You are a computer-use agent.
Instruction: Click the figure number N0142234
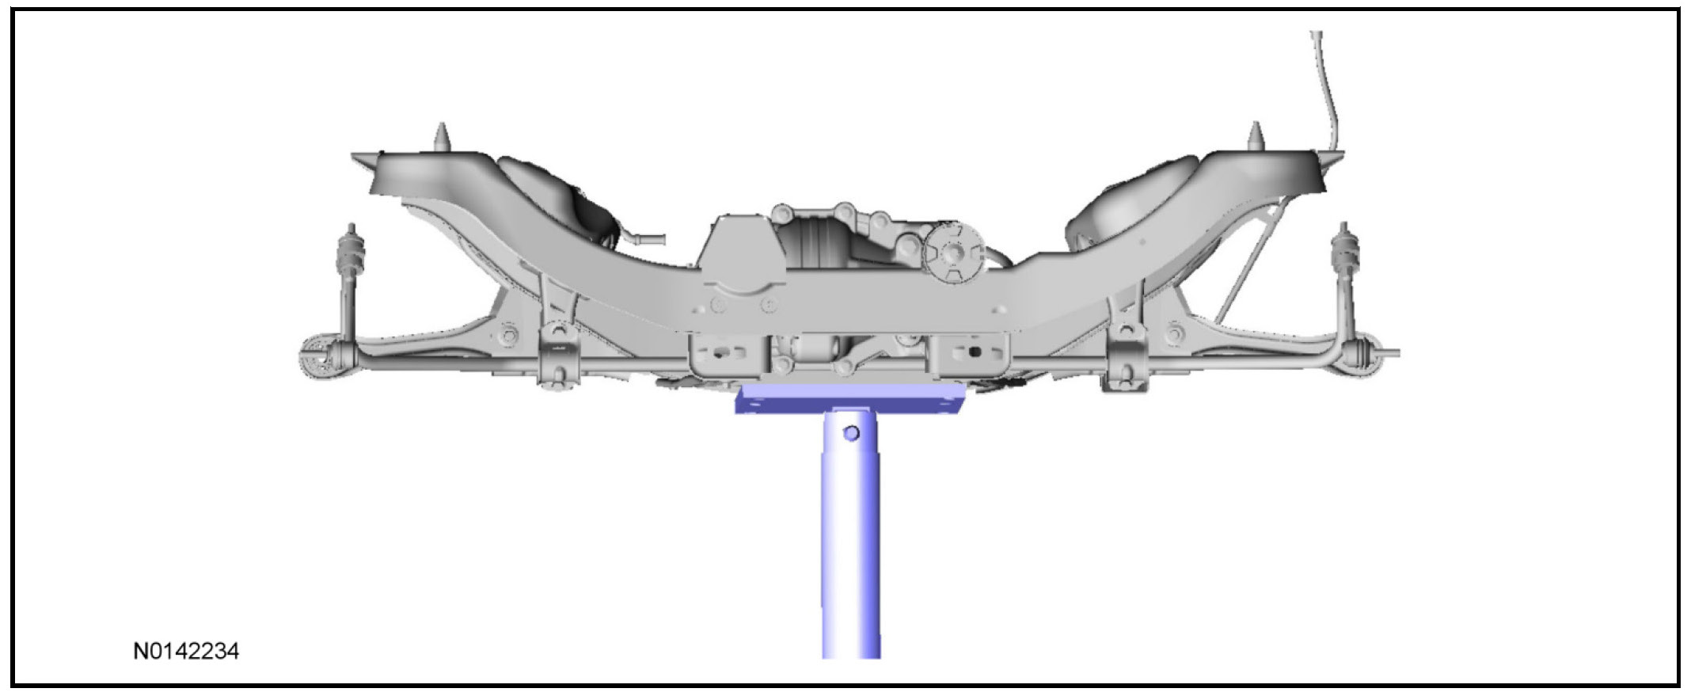[186, 651]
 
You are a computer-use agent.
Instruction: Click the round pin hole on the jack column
[851, 433]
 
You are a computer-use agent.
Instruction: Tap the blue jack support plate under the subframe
[851, 400]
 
